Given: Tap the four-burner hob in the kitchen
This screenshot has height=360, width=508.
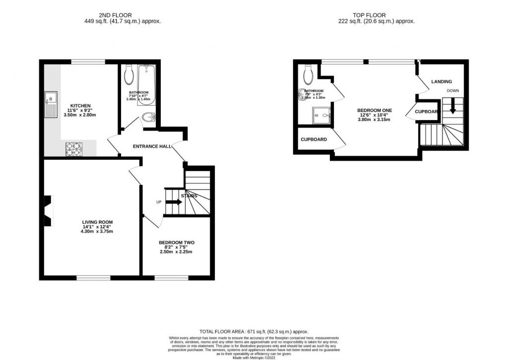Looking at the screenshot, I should pos(73,149).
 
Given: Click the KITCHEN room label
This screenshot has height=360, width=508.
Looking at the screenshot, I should pos(80,106).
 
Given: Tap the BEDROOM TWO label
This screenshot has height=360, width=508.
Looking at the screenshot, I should pos(176,242).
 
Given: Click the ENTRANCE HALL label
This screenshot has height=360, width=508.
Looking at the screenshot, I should pos(152,147).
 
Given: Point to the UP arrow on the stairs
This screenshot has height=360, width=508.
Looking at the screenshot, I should pos(174,202).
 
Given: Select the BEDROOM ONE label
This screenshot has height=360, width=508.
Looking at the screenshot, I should pos(375,110).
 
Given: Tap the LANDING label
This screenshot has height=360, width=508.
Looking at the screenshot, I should pos(441,81).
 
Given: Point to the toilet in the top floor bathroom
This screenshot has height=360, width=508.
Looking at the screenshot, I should pos(308,74).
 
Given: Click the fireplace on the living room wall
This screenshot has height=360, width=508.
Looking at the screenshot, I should pos(47,211).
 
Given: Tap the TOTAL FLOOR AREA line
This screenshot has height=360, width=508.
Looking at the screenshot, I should pos(254,331).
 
